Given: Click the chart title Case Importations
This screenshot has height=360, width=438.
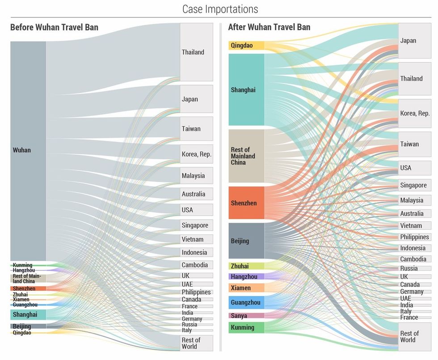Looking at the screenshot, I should click(x=220, y=9).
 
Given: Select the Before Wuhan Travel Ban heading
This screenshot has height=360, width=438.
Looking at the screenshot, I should click(x=54, y=27).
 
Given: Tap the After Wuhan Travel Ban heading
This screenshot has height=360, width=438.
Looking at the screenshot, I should click(x=269, y=27).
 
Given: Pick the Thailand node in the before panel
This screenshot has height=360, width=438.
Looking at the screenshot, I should click(x=196, y=52).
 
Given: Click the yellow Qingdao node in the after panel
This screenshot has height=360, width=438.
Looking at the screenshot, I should click(x=246, y=45).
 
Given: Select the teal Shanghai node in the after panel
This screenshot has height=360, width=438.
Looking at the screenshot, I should click(x=246, y=89).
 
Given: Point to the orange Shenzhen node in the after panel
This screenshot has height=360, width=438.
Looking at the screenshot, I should click(x=246, y=203).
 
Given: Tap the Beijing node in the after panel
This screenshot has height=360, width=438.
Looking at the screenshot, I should click(x=246, y=241).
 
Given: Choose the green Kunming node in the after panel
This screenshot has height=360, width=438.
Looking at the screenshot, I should click(x=246, y=327).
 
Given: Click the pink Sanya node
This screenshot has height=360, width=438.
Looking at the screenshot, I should click(x=246, y=316).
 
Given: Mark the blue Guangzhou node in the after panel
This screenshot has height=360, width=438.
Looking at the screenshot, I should click(x=246, y=302).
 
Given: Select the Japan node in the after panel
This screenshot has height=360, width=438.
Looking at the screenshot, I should click(x=414, y=41).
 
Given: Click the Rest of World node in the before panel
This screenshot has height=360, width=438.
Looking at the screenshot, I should click(x=196, y=343).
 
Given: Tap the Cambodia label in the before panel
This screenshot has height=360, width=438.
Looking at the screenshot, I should click(x=194, y=265).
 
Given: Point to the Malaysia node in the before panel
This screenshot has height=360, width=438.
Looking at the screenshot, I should click(x=196, y=176).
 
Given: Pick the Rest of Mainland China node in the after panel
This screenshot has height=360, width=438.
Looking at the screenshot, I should click(x=246, y=156).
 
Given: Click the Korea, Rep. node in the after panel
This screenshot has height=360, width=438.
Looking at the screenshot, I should click(x=414, y=113).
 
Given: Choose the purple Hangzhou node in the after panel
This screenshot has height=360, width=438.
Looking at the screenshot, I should click(x=246, y=276).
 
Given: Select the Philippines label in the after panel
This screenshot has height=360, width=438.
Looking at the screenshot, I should click(x=414, y=237).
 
